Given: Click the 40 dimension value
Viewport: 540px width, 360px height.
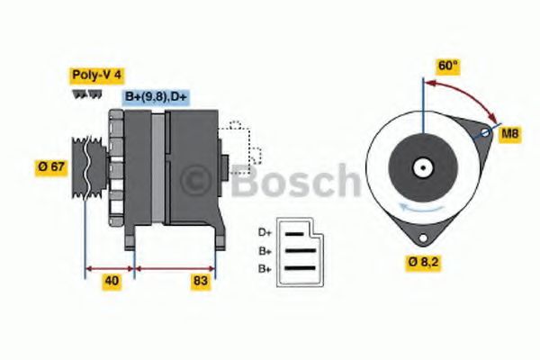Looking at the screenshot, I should pyautogui.click(x=111, y=281).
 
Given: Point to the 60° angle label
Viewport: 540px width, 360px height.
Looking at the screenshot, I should pyautogui.click(x=447, y=66).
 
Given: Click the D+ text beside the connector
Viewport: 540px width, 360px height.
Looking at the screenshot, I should pyautogui.click(x=264, y=231).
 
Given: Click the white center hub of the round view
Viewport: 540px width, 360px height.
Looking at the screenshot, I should pyautogui.click(x=420, y=166).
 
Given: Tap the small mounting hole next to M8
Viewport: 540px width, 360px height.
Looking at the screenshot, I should pyautogui.click(x=484, y=133).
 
